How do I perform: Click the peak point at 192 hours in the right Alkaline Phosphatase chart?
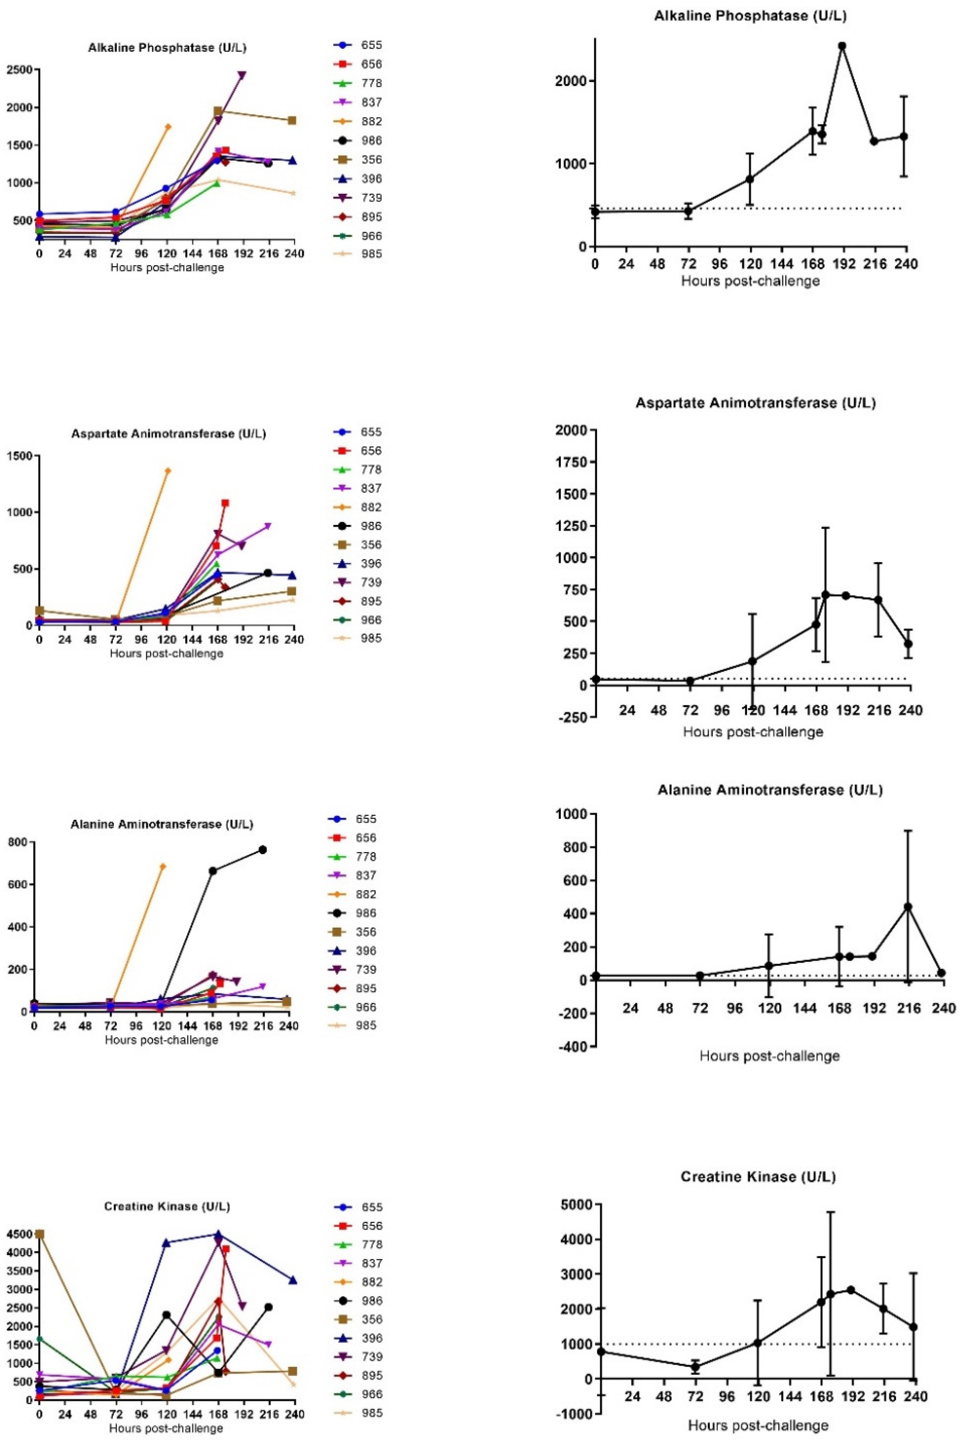[842, 46]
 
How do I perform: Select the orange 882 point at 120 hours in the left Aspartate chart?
[168, 471]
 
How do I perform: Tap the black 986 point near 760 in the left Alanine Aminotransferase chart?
[263, 850]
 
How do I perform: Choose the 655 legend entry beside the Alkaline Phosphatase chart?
[372, 45]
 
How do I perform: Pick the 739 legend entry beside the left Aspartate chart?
[372, 582]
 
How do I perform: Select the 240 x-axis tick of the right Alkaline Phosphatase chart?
[906, 264]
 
